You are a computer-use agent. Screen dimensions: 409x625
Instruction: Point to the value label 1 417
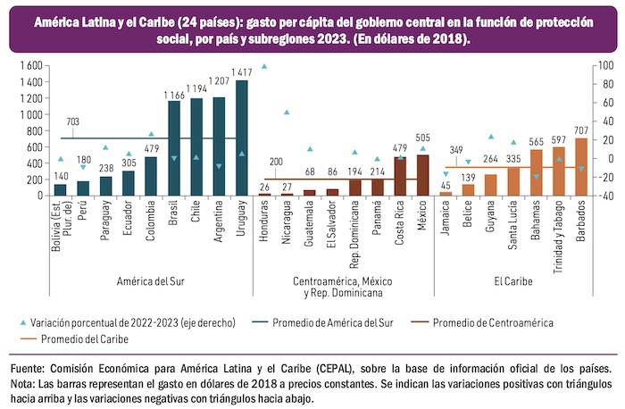[241, 72]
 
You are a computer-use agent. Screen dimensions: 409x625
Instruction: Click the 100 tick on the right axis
[604, 66]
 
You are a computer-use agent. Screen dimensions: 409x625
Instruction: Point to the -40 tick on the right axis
[604, 196]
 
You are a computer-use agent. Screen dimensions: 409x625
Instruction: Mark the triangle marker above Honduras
[264, 67]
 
